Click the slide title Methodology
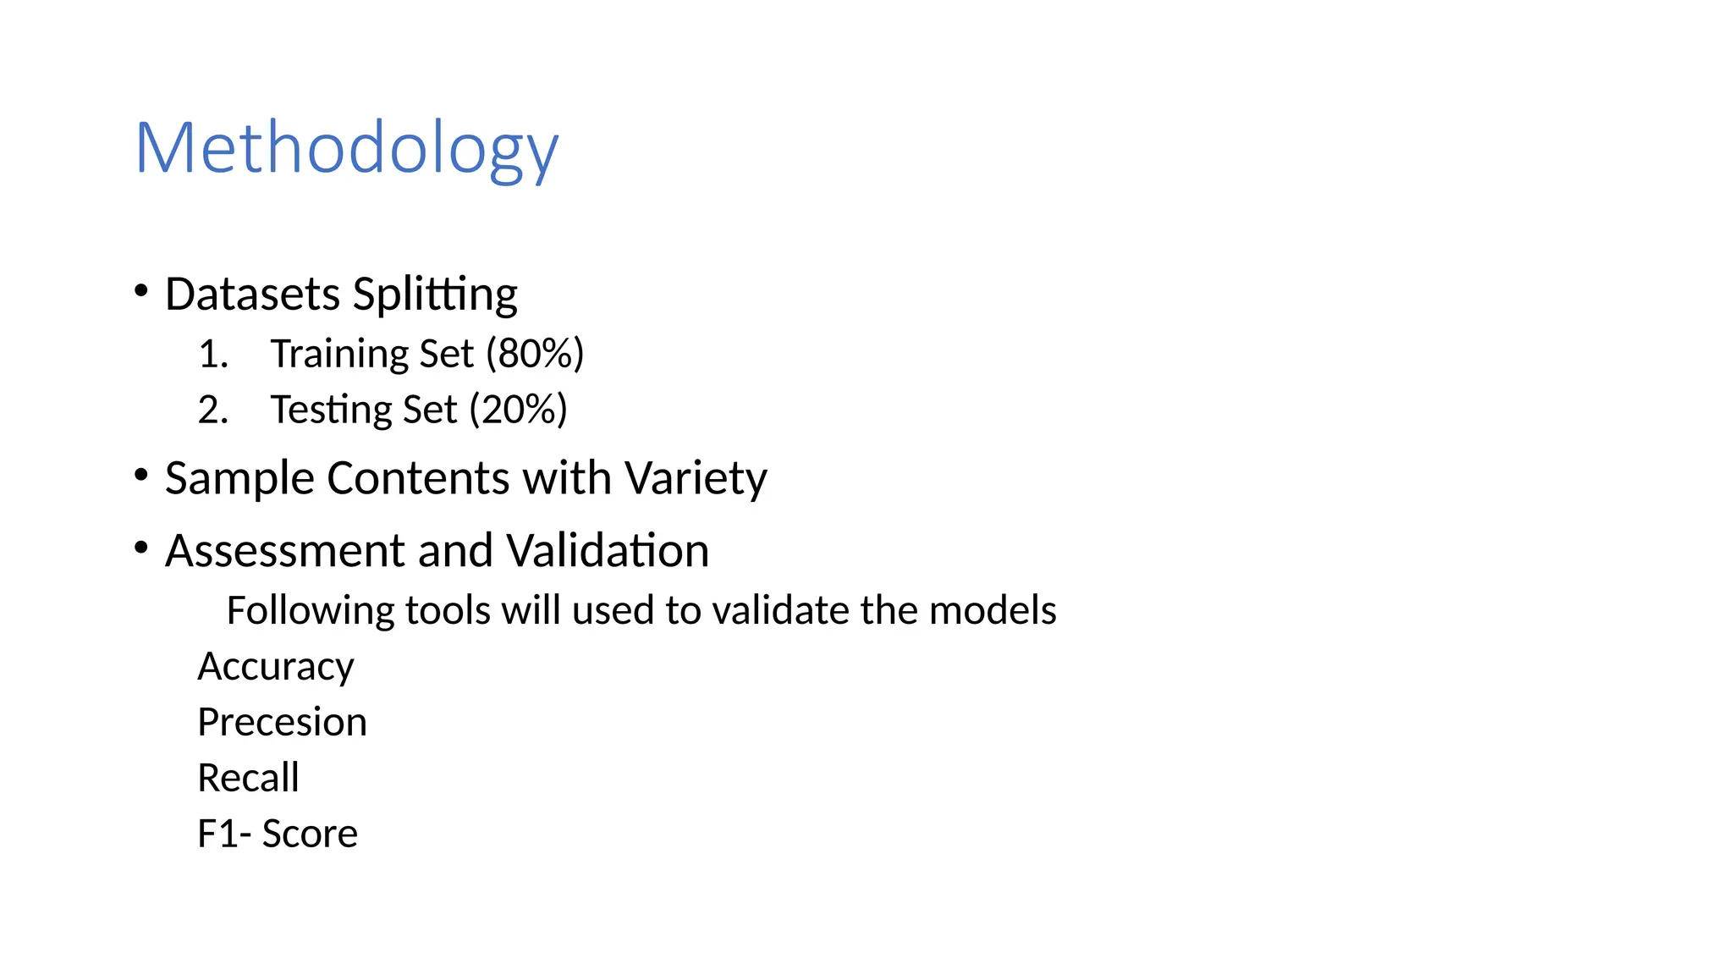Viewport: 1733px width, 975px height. (346, 149)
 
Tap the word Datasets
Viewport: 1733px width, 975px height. (252, 295)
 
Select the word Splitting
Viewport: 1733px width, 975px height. (435, 295)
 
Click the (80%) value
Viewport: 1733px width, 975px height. (535, 354)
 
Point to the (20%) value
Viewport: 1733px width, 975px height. (518, 410)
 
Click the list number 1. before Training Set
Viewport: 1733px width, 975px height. (213, 354)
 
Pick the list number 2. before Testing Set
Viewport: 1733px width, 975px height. (213, 410)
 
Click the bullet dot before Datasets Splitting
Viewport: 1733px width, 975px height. (141, 291)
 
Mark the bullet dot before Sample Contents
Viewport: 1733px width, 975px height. (141, 475)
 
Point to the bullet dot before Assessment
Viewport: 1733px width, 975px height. (141, 548)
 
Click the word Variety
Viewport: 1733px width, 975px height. (696, 478)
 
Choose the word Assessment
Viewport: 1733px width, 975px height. (285, 551)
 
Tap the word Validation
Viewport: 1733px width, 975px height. (608, 551)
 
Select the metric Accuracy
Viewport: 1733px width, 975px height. (276, 667)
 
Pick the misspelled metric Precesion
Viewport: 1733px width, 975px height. (282, 722)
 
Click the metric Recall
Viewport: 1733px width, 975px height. (248, 778)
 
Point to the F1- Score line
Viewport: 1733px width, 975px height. (278, 834)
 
